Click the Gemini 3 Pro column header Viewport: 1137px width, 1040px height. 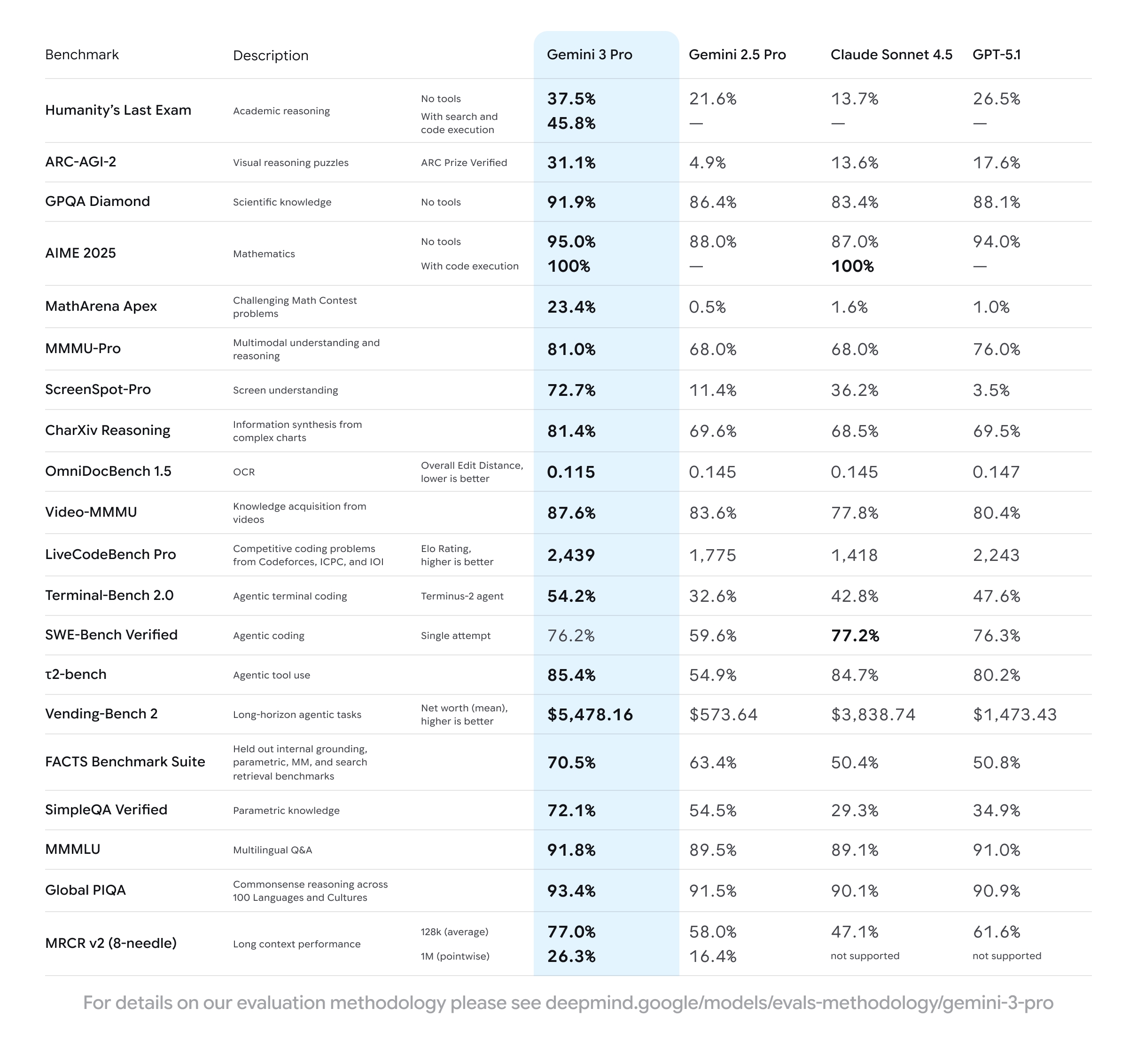pos(589,55)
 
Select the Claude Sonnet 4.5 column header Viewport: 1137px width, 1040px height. pos(891,55)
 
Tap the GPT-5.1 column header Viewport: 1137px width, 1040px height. pos(997,55)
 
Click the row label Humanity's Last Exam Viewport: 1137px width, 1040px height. pos(118,110)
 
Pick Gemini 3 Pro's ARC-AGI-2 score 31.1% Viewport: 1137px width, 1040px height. pos(571,163)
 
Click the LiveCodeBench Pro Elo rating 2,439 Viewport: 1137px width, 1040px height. pos(570,555)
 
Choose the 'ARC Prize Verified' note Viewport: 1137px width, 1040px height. pos(464,163)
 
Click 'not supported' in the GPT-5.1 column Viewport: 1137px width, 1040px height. pos(1006,955)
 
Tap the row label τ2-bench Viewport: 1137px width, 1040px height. pos(76,674)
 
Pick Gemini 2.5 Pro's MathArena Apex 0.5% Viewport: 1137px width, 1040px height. pos(707,307)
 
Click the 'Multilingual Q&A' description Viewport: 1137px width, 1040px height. pos(273,850)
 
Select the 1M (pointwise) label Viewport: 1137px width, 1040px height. pos(455,956)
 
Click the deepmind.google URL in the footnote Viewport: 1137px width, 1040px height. pos(799,1003)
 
